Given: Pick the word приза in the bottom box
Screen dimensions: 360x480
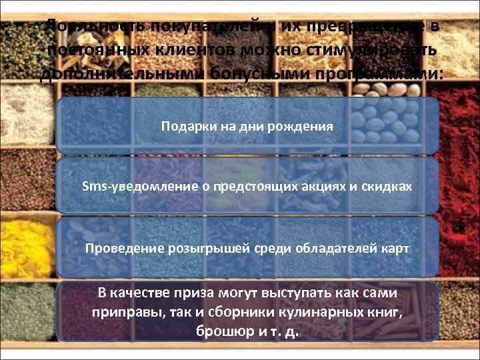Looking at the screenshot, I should tap(173, 293).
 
